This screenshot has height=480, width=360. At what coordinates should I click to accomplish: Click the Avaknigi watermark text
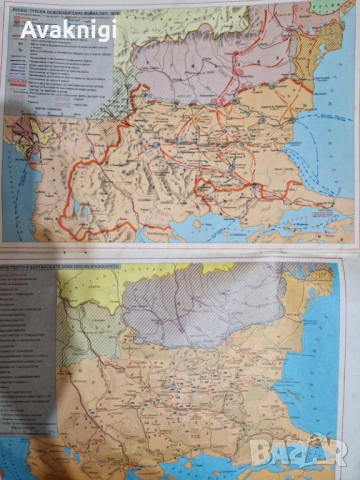(68, 29)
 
